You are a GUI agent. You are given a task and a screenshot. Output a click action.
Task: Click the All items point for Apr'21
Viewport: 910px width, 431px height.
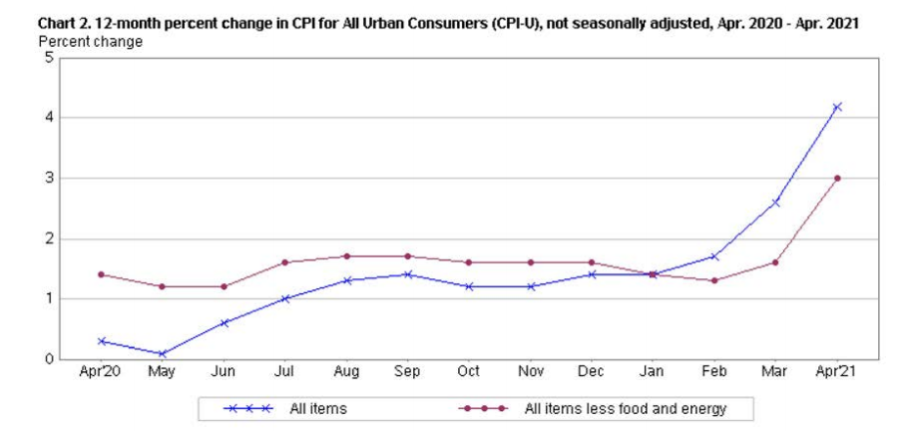click(837, 107)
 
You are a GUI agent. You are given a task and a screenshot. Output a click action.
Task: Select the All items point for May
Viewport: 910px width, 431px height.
click(162, 353)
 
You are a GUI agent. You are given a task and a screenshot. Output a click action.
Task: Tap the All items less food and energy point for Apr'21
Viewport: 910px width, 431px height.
click(837, 179)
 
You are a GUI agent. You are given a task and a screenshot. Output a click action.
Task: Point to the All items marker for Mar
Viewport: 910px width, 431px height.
click(776, 203)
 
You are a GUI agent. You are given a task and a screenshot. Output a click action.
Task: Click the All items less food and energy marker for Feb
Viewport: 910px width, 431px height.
click(714, 280)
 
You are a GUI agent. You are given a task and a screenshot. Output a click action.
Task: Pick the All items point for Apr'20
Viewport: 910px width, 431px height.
click(101, 341)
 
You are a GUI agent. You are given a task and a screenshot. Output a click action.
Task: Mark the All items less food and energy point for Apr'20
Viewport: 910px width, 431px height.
click(101, 274)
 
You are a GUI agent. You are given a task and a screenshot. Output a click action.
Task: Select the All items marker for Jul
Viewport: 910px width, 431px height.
click(284, 298)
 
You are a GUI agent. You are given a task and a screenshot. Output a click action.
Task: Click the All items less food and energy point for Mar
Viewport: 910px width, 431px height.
click(776, 262)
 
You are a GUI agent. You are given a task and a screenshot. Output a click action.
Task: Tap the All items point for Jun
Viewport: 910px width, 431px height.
click(224, 322)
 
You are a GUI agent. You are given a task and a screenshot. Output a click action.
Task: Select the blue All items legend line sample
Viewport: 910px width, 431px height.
click(247, 409)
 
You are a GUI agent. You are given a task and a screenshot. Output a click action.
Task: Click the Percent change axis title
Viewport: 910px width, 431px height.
click(89, 42)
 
